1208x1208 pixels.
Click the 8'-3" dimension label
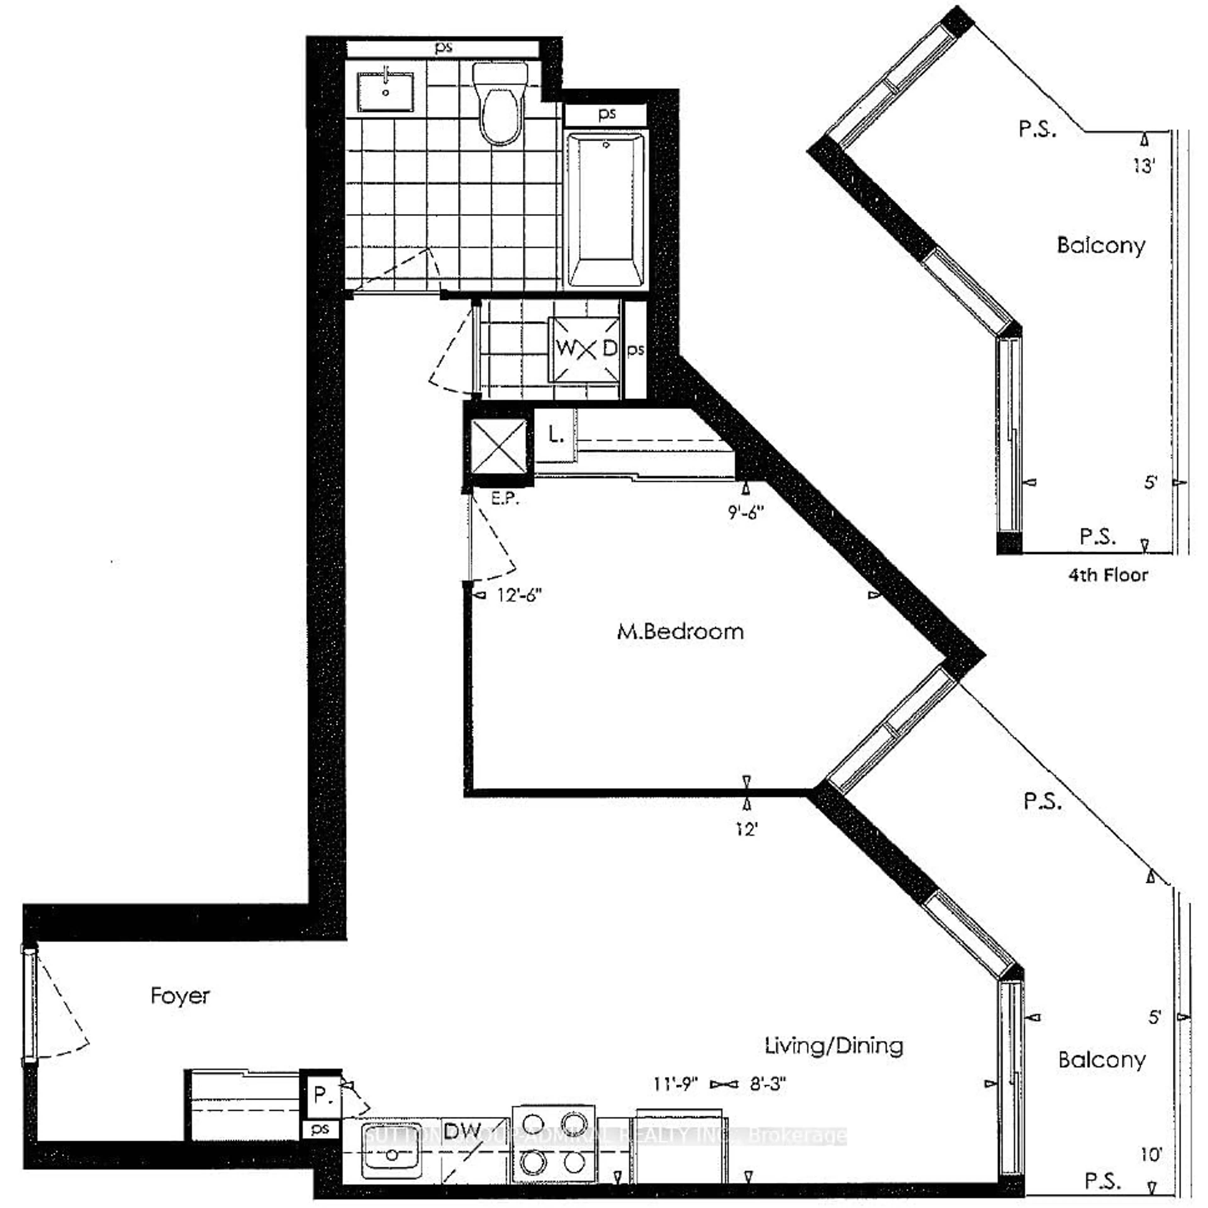pyautogui.click(x=767, y=1083)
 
